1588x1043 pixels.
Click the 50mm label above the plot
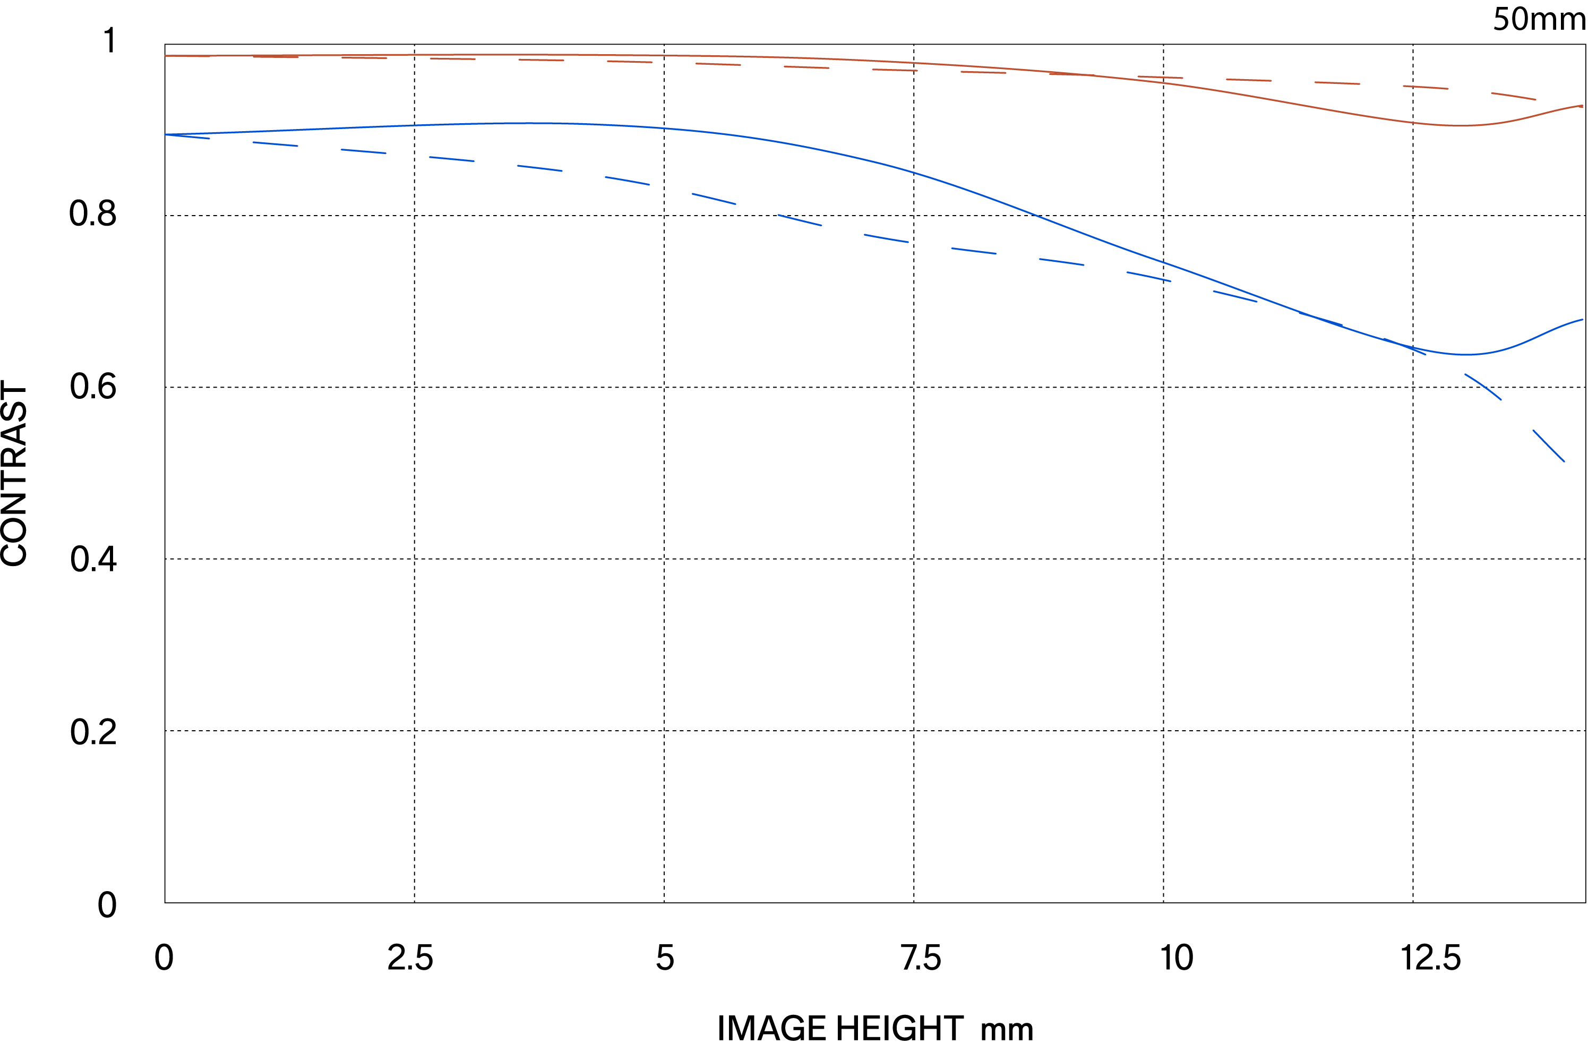tap(1539, 19)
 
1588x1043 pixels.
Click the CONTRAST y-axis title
tap(15, 474)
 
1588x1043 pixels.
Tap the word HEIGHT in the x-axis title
tap(899, 1028)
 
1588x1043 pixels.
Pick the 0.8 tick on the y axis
tap(93, 213)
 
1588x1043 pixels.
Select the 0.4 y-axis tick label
tap(93, 559)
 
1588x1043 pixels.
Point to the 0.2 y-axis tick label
tap(93, 732)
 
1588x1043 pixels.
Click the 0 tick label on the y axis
tap(107, 905)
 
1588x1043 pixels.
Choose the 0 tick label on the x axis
tap(164, 958)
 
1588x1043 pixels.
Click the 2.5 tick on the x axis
tap(410, 958)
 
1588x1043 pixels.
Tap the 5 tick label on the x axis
tap(665, 958)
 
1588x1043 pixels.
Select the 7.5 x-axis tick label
tap(921, 958)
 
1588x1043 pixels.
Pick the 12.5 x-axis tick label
tap(1430, 958)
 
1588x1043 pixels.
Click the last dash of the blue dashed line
tap(1548, 446)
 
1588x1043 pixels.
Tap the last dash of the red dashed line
tap(1513, 96)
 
